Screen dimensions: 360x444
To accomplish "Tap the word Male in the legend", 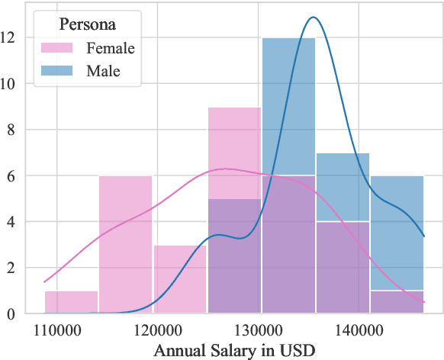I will tap(103, 72).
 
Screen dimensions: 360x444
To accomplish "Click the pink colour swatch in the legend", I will tap(56, 48).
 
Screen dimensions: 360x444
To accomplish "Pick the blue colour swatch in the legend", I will tap(56, 72).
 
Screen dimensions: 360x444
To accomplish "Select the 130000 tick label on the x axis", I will tap(258, 329).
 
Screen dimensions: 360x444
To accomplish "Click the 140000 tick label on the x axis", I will tap(358, 329).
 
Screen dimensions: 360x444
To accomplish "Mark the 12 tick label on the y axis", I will tap(14, 37).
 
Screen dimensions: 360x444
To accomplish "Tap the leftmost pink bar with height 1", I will tap(71, 302).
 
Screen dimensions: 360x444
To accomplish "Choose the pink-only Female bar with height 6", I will tap(125, 244).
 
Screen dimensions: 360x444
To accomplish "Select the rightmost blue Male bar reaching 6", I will tap(397, 229).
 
